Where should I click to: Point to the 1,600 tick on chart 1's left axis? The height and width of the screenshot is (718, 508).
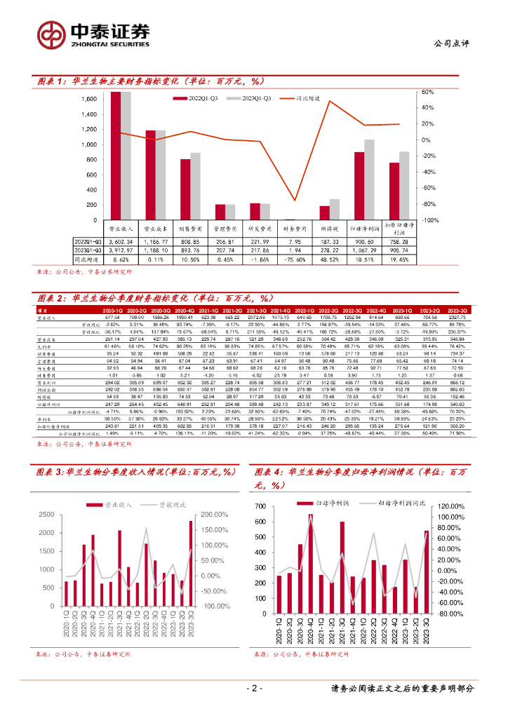click(x=88, y=99)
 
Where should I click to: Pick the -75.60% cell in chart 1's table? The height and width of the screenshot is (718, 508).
click(x=295, y=259)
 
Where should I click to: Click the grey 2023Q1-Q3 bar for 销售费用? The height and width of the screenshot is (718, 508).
click(x=195, y=187)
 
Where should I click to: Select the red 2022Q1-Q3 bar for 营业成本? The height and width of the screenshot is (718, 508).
click(x=151, y=175)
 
